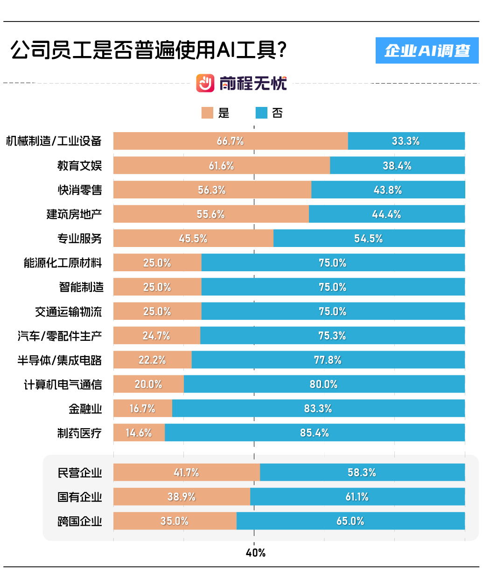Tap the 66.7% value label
coord(230,141)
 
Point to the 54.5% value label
coord(368,239)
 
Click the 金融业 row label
coord(85,409)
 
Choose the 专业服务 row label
coord(79,239)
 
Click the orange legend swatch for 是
coord(207,113)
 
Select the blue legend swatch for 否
coord(261,113)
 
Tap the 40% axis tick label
coord(255,553)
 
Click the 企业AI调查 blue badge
coord(427,50)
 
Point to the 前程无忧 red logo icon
coord(205,83)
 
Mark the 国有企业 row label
coord(79,497)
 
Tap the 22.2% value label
coord(152,360)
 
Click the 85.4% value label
coord(314,433)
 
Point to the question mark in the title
coord(281,49)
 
